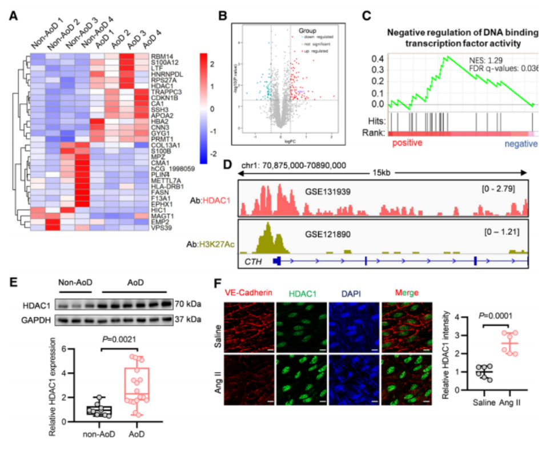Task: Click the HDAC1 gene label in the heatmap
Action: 160,85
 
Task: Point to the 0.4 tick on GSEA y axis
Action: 378,59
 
